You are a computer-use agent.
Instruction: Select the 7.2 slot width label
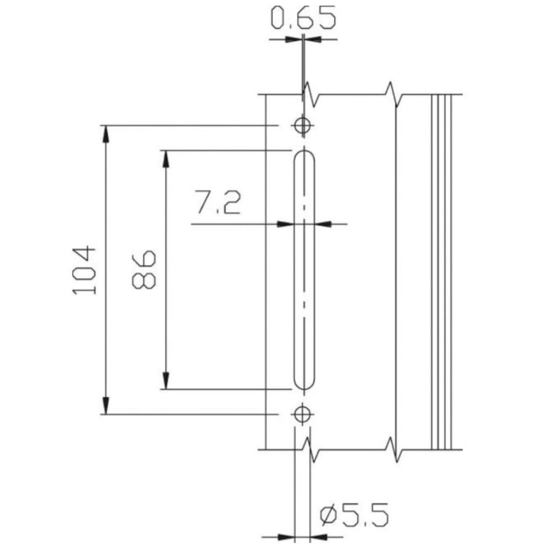coord(219,203)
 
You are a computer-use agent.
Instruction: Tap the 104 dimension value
coord(84,271)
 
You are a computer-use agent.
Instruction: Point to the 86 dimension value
coord(144,269)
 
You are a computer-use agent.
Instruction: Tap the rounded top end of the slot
coord(304,151)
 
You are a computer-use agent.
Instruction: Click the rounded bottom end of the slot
coord(304,389)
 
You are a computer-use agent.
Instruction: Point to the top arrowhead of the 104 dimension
coord(105,134)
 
